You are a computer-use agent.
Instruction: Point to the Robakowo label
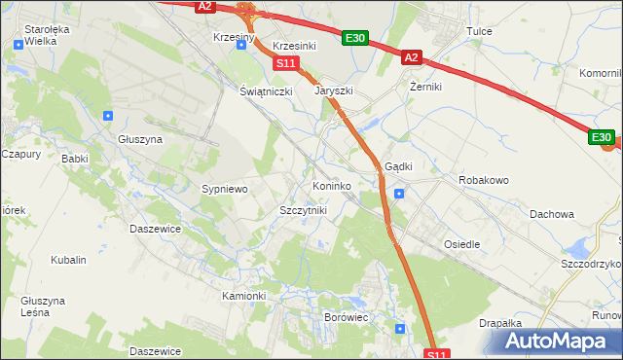tap(484, 180)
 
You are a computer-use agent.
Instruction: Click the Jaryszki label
tap(333, 90)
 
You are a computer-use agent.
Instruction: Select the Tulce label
tap(479, 31)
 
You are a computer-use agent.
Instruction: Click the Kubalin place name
tap(69, 260)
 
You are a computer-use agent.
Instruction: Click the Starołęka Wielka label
tap(48, 35)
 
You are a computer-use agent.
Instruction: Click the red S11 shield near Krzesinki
tap(284, 63)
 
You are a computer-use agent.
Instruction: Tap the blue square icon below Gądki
tap(399, 193)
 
